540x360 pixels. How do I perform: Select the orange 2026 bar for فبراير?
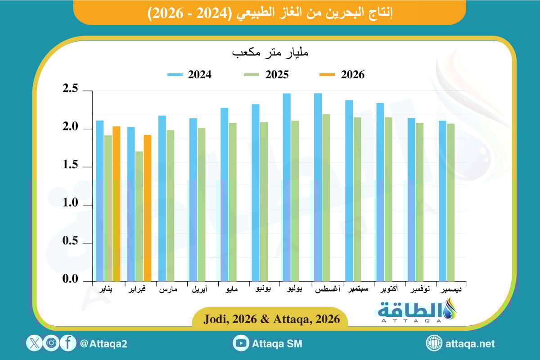pos(148,208)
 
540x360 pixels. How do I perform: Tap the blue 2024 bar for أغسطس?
pos(318,187)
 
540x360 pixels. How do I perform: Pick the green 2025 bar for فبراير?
pos(139,216)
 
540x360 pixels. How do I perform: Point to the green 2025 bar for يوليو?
pos(295,201)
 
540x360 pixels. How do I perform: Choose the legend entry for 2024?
pos(189,75)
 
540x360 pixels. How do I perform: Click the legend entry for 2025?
pos(266,75)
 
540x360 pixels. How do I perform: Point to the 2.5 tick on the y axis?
pos(72,90)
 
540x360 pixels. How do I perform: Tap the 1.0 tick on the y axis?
pos(72,205)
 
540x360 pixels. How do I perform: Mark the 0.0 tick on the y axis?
pos(72,280)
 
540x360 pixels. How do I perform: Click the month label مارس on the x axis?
pos(168,290)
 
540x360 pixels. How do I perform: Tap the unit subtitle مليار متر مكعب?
pos(270,53)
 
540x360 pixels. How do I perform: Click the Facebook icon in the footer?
pos(68,343)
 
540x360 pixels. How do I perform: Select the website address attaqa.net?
pos(470,344)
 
